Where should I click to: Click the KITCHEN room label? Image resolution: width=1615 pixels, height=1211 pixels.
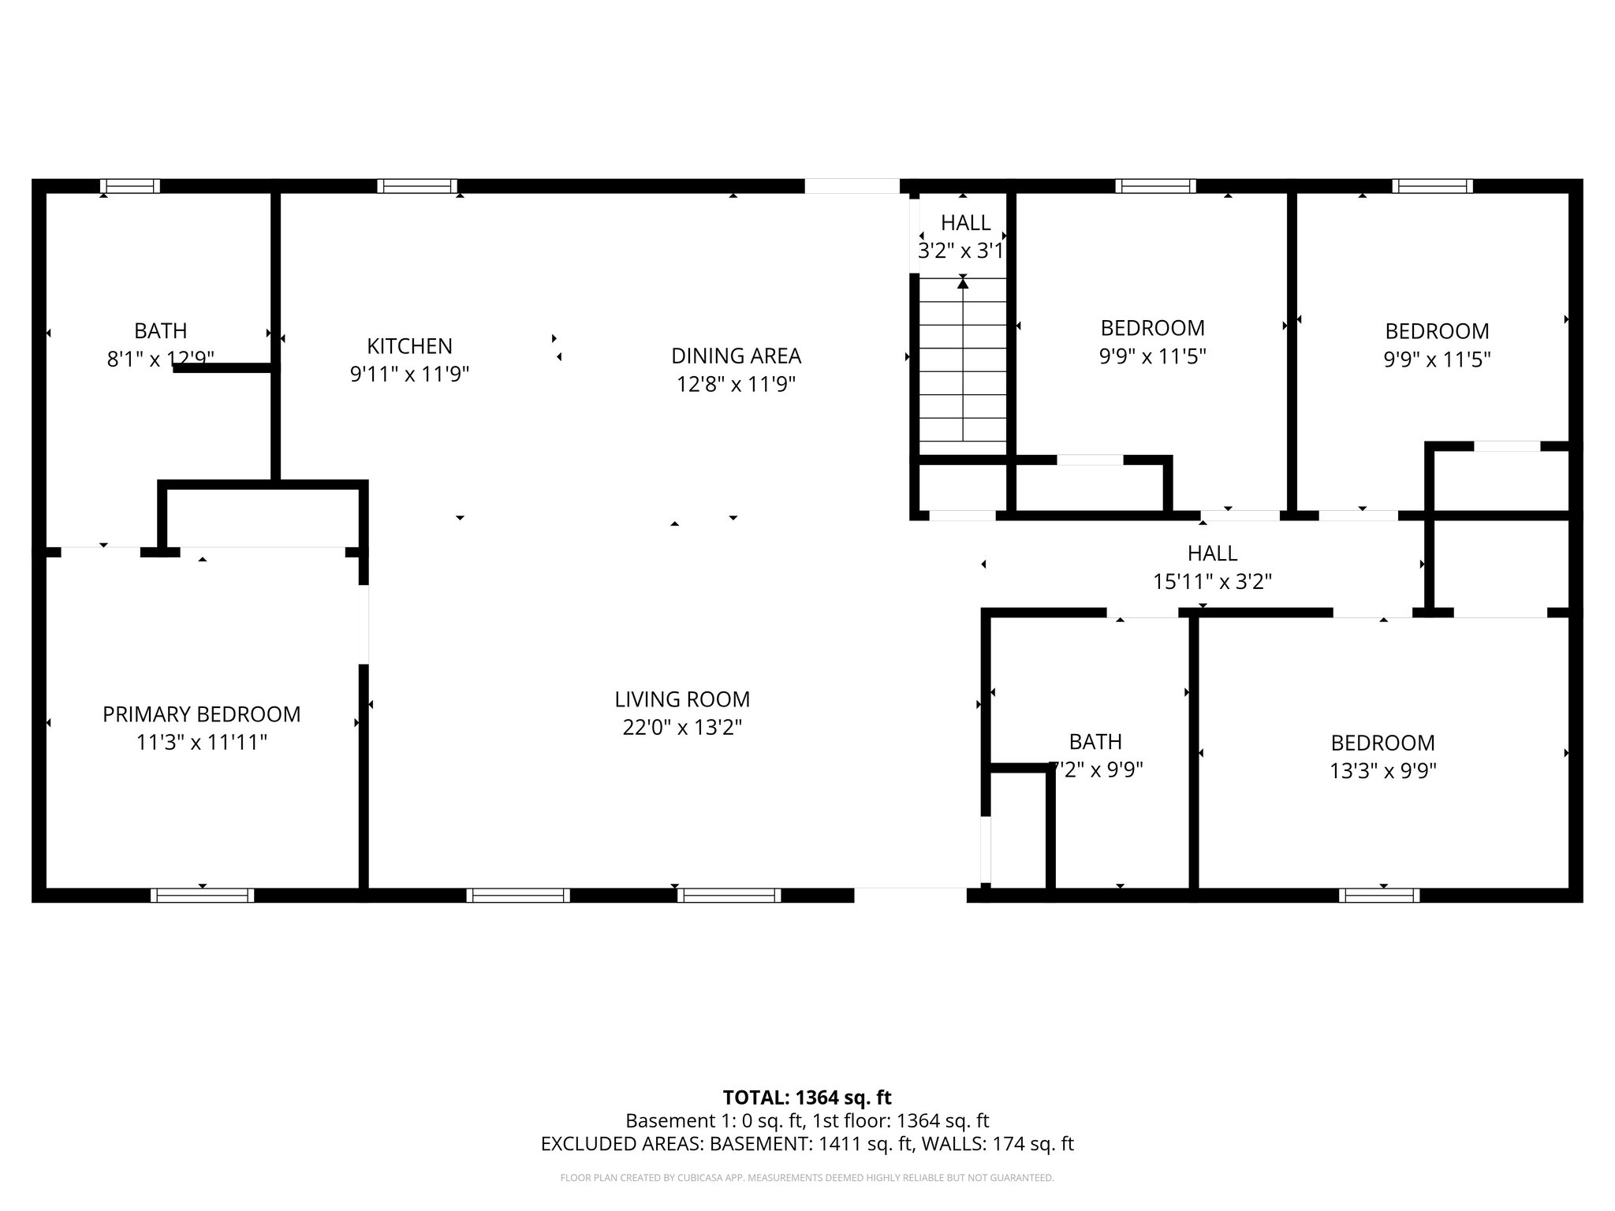409,346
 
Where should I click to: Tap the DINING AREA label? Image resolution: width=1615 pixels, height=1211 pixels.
736,356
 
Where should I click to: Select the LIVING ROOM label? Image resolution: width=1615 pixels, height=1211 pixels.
682,699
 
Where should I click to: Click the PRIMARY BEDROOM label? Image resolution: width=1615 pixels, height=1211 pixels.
201,714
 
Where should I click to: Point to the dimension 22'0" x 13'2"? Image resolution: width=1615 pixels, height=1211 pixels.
682,728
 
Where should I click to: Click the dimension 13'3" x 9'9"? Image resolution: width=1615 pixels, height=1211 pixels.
1383,771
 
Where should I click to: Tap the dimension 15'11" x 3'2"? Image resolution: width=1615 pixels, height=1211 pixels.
1212,582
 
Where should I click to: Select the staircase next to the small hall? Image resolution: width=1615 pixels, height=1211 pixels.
963,367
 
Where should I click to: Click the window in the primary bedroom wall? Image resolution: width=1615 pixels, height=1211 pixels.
202,895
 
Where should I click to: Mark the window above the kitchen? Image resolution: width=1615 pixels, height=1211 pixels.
417,186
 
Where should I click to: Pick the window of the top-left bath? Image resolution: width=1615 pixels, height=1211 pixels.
130,186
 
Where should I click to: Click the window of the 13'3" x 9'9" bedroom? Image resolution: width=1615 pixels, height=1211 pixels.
1379,895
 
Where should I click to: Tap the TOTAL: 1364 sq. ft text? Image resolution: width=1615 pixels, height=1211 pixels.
807,1097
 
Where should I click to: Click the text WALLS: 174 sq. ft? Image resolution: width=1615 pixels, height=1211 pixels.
998,1144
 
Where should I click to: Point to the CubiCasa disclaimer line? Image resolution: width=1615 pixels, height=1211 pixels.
807,1178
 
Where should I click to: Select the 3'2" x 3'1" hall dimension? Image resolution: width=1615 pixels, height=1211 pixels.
961,252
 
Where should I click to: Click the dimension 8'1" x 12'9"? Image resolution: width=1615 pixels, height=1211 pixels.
160,360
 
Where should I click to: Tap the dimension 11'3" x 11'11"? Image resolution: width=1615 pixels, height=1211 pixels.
201,743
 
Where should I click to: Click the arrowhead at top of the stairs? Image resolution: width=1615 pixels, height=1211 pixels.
963,283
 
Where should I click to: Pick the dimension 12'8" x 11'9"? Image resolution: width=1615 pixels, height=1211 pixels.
736,385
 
